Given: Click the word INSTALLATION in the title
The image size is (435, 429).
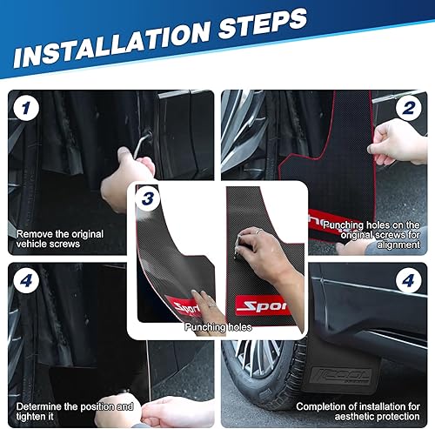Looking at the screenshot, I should point(110,44).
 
